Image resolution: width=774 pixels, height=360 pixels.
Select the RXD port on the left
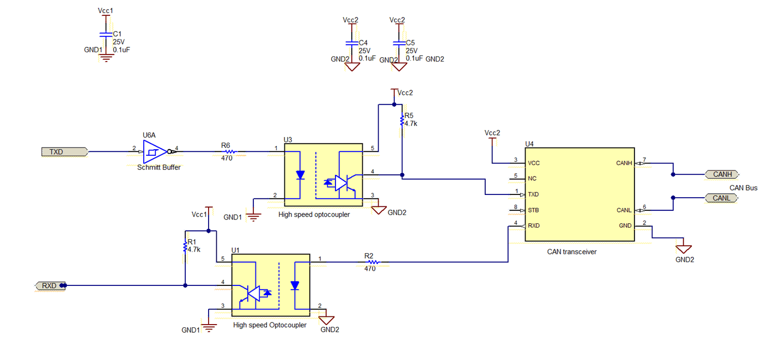click(x=50, y=285)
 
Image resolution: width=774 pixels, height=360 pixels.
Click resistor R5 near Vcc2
click(x=402, y=120)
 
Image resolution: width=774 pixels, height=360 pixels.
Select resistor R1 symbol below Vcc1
click(x=186, y=246)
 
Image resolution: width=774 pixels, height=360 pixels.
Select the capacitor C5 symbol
click(x=399, y=42)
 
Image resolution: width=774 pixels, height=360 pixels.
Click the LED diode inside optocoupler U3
click(x=300, y=175)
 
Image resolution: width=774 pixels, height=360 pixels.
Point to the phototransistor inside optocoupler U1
click(x=253, y=294)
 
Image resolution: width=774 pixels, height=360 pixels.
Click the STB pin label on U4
click(x=533, y=210)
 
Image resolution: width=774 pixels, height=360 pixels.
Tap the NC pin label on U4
click(x=532, y=178)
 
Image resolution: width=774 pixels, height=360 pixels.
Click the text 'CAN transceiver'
click(x=572, y=252)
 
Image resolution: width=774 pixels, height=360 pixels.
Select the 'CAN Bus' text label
click(x=743, y=187)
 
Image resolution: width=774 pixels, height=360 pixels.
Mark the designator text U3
click(x=288, y=139)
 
